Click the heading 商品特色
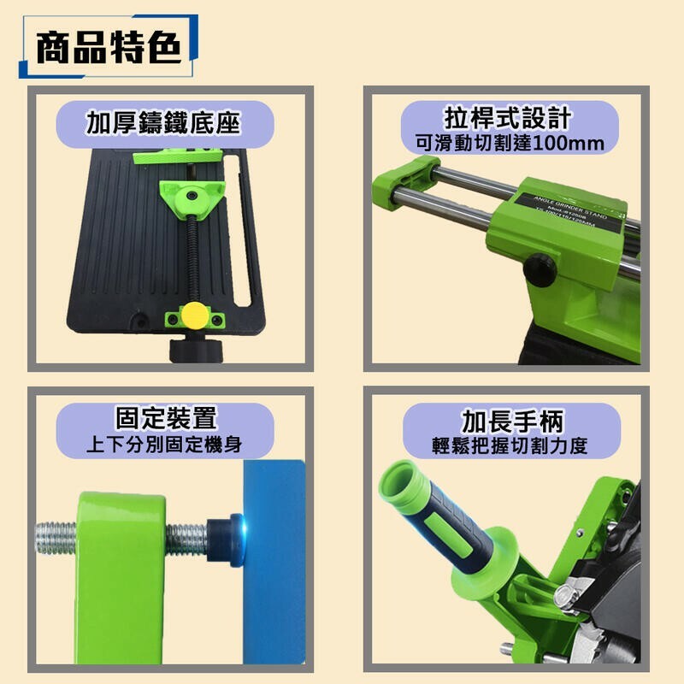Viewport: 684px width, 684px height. [108, 49]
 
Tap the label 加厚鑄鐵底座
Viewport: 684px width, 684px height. [162, 123]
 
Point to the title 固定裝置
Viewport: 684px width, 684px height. [166, 418]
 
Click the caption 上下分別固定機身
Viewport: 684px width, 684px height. [166, 445]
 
